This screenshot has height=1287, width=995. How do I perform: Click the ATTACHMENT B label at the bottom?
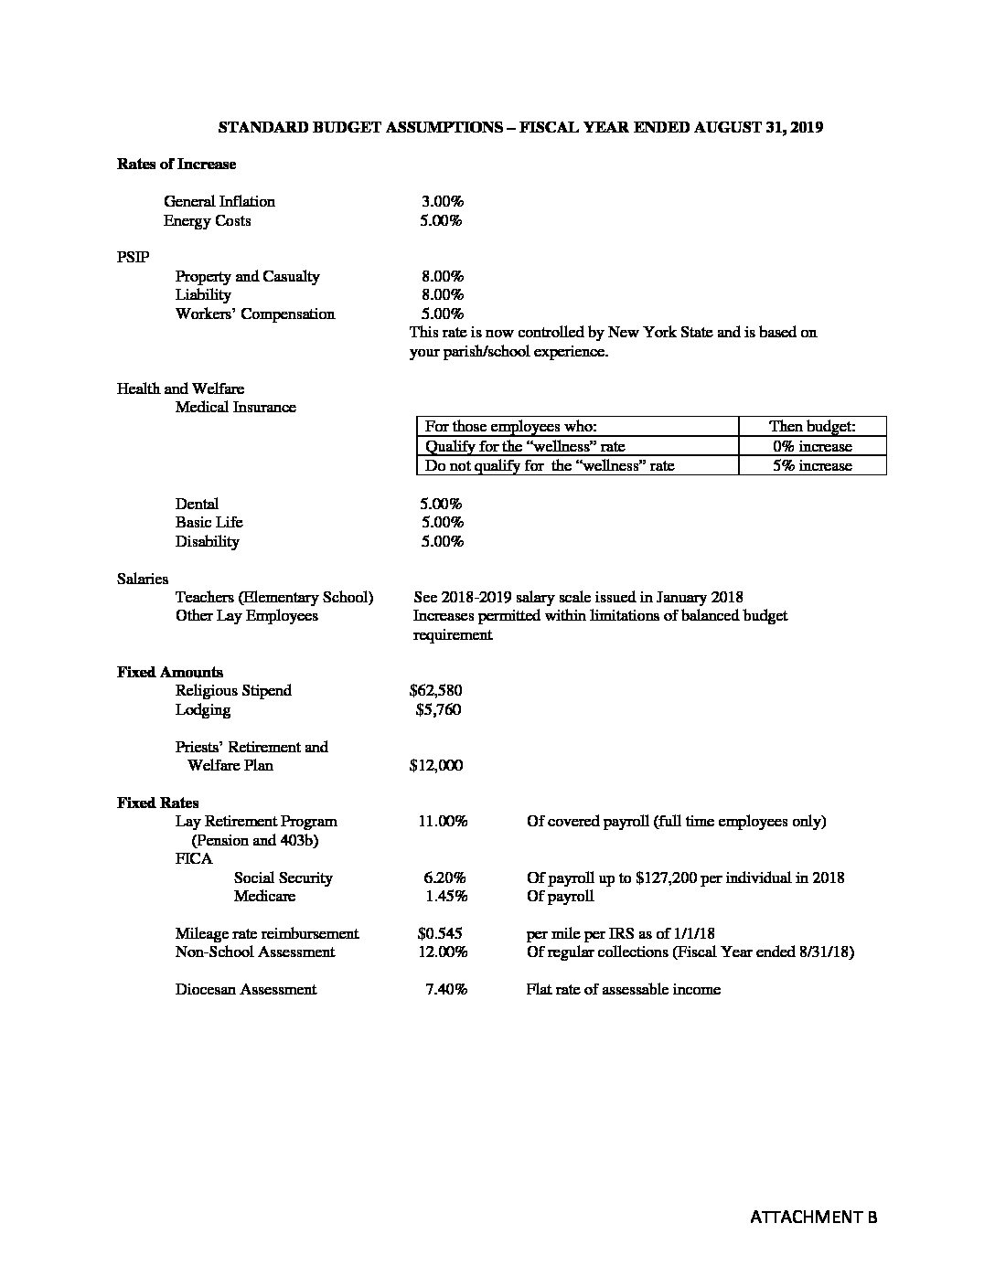click(813, 1217)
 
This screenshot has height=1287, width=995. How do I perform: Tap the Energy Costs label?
click(207, 220)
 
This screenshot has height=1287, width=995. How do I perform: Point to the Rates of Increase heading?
click(177, 164)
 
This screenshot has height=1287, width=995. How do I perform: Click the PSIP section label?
click(133, 258)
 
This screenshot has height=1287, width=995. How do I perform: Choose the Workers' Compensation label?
click(255, 314)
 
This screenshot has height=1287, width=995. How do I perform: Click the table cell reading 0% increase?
click(811, 446)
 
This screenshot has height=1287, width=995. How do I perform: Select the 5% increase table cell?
click(811, 465)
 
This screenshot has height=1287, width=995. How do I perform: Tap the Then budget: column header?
click(811, 426)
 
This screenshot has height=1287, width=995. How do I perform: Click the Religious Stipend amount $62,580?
click(435, 690)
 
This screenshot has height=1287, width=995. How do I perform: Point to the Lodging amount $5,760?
click(438, 709)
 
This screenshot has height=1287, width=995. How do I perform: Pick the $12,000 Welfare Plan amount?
click(435, 765)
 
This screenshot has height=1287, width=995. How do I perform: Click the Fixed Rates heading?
click(157, 803)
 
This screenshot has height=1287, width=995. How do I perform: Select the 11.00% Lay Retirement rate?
click(443, 821)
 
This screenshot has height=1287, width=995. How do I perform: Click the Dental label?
click(197, 504)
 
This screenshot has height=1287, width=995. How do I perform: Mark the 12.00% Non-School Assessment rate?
click(443, 952)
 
